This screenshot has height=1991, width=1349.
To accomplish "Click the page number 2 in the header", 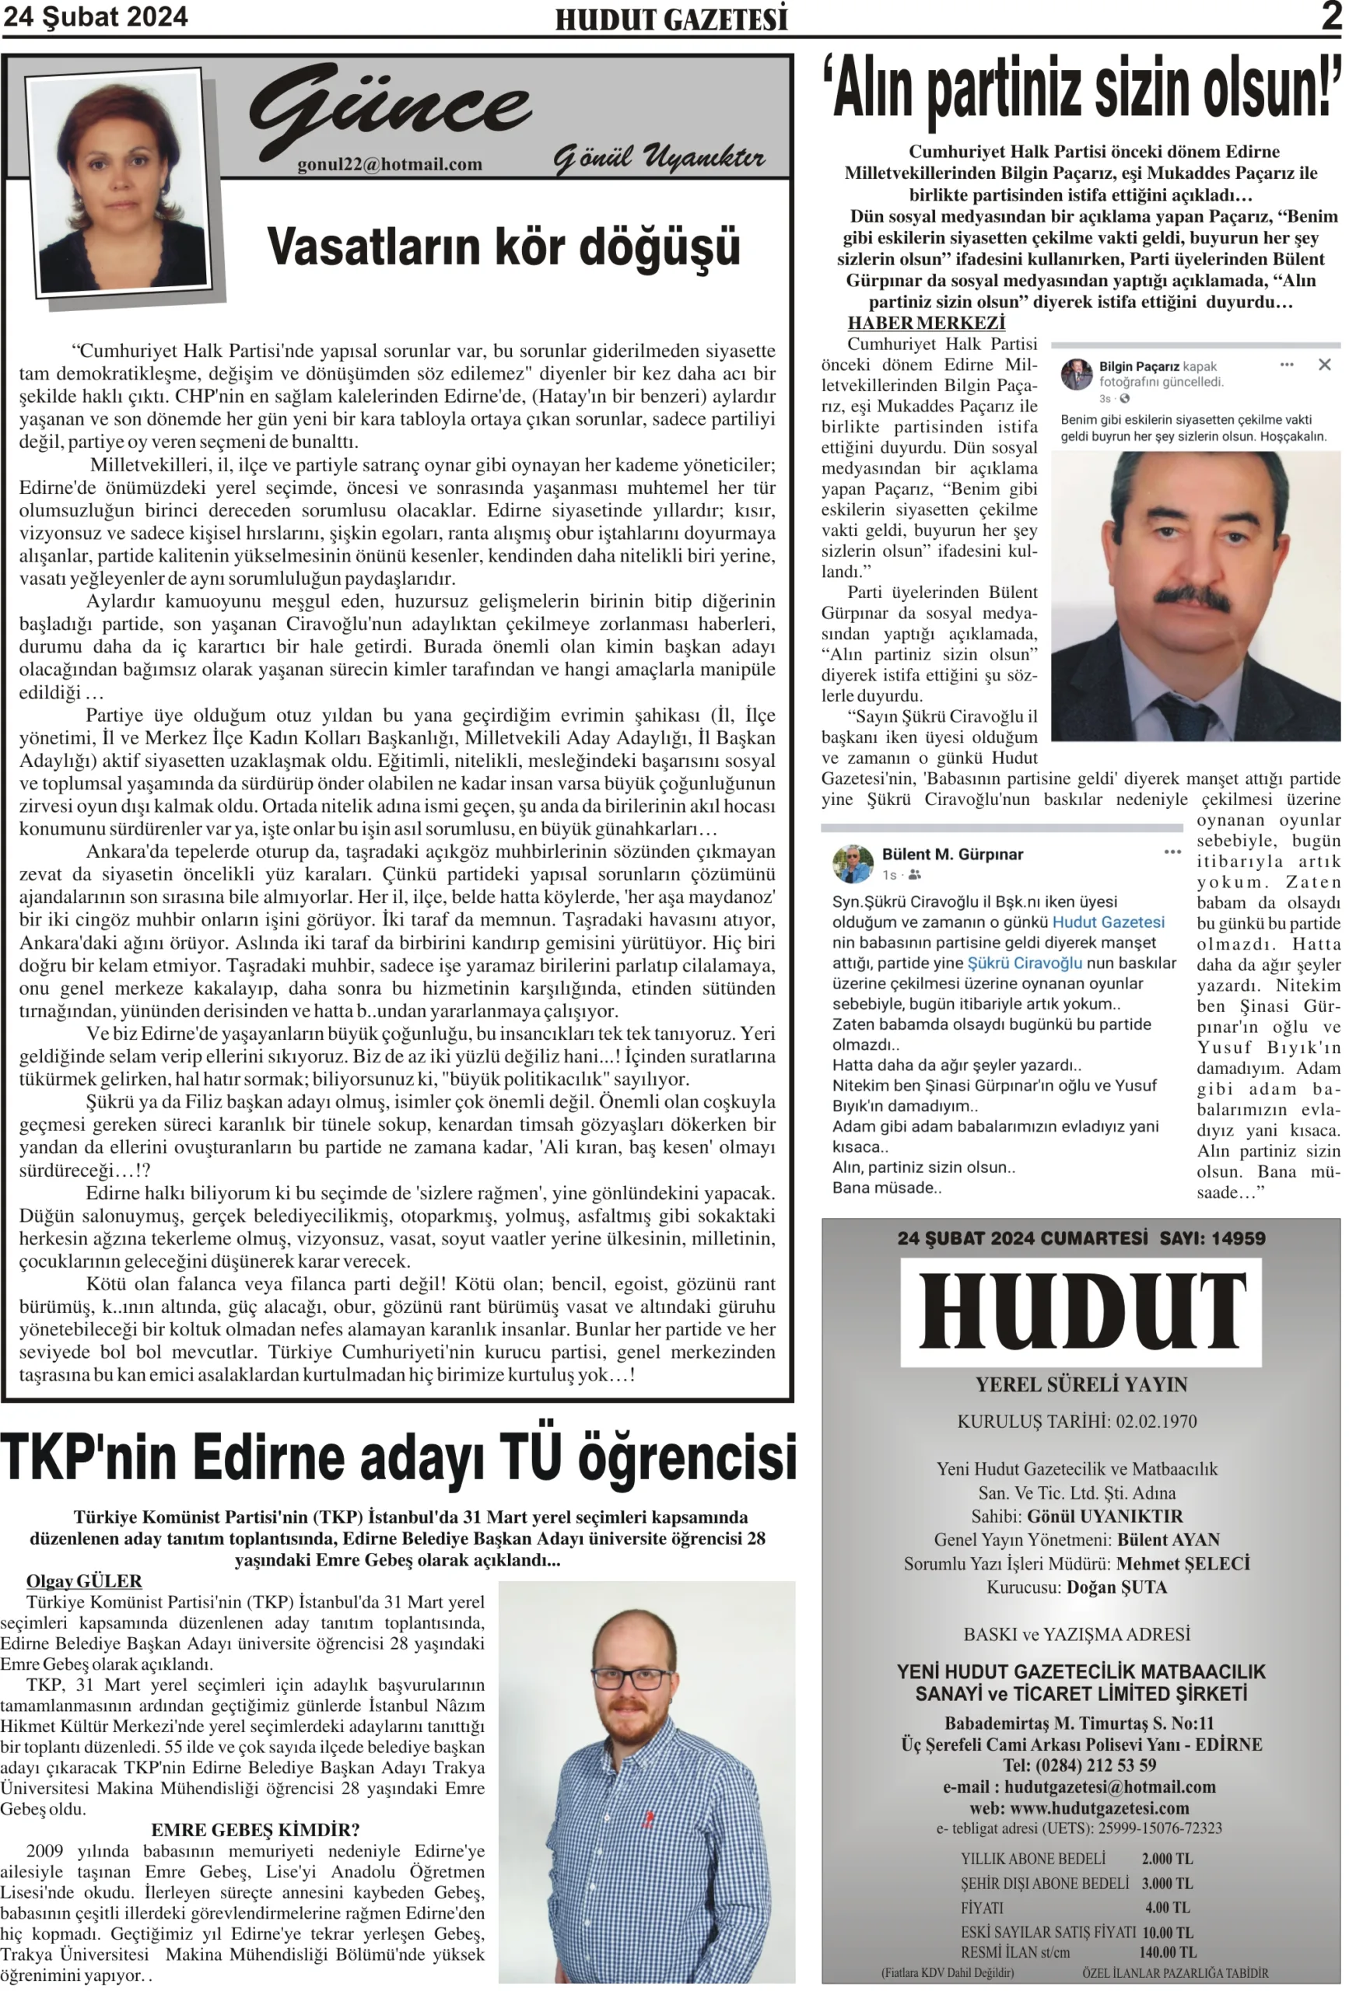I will [1330, 16].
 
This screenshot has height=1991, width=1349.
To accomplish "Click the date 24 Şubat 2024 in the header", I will [95, 17].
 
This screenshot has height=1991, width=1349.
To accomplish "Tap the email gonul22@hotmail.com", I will [389, 164].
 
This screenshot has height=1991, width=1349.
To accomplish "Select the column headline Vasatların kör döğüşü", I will [503, 247].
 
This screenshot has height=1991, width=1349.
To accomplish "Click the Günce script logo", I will [390, 110].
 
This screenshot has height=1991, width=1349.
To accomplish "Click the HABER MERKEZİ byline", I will [926, 323].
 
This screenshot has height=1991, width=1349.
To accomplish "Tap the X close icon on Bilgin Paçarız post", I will [1323, 365].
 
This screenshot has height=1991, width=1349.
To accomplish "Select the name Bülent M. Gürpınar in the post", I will [952, 854].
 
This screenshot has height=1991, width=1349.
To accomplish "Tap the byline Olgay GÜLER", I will [84, 1580].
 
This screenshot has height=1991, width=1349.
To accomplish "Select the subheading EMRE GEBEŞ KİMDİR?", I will [255, 1830].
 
